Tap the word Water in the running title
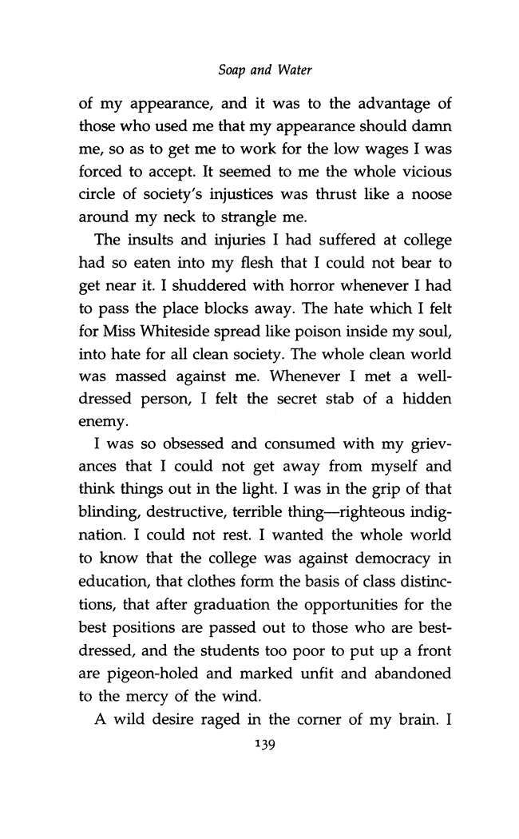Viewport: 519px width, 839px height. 293,71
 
